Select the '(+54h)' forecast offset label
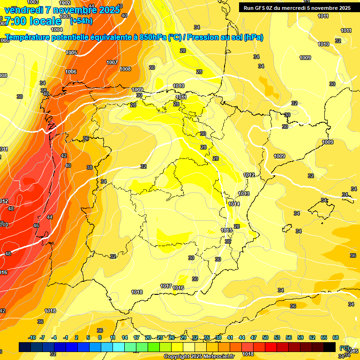[81, 21]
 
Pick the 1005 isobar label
[71, 52]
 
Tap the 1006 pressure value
[71, 72]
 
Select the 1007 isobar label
[112, 62]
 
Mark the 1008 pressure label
[125, 69]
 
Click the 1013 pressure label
[244, 194]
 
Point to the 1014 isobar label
[234, 204]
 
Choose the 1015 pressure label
[227, 230]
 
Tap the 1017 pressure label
[166, 286]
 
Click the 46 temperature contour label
[37, 225]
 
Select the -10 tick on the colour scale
[32, 337]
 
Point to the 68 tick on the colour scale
[336, 337]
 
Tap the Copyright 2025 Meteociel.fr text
[199, 357]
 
